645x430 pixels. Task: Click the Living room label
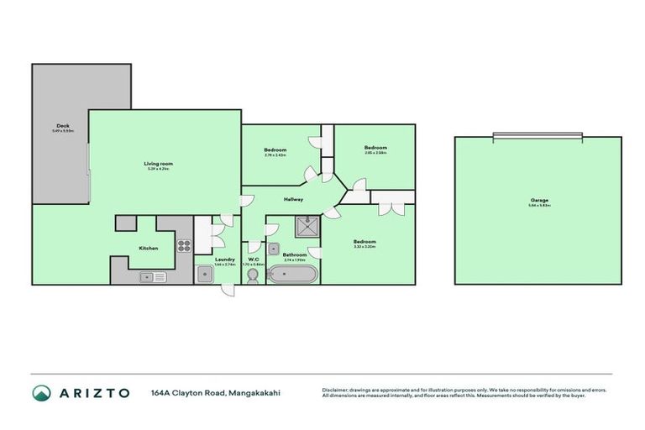pos(158,164)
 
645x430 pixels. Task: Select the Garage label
pos(539,200)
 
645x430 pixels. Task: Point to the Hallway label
pos(293,199)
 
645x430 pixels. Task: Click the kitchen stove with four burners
pos(184,246)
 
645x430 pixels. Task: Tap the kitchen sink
pos(153,275)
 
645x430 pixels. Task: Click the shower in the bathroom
pos(307,226)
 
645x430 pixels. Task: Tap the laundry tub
pos(206,275)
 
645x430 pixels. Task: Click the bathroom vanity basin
pos(274,249)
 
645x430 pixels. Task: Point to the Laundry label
pos(224,260)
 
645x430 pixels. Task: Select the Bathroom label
pos(294,254)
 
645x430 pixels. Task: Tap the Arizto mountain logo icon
pos(40,393)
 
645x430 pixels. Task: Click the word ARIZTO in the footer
pos(94,393)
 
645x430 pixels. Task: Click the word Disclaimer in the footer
pos(336,390)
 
